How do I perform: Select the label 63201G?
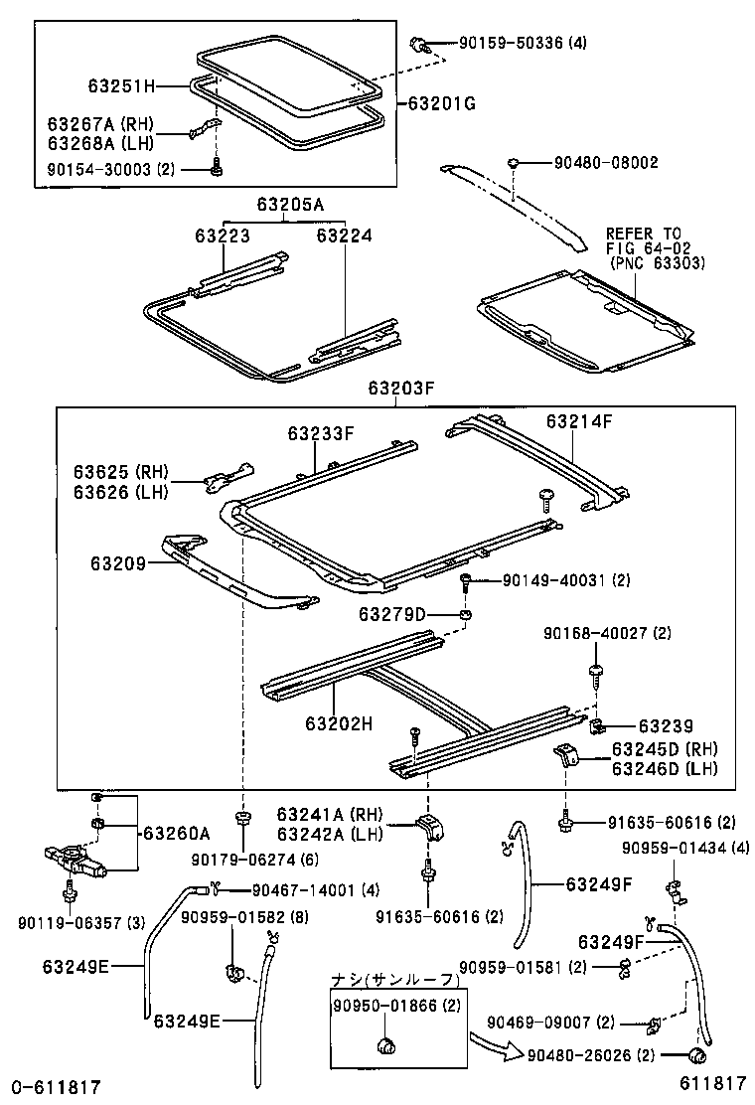coord(440,102)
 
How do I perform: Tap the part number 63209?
coord(118,563)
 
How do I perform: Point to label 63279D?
coord(395,615)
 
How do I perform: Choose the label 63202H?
coord(339,723)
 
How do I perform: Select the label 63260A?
coord(177,833)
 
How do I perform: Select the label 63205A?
coord(290,205)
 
